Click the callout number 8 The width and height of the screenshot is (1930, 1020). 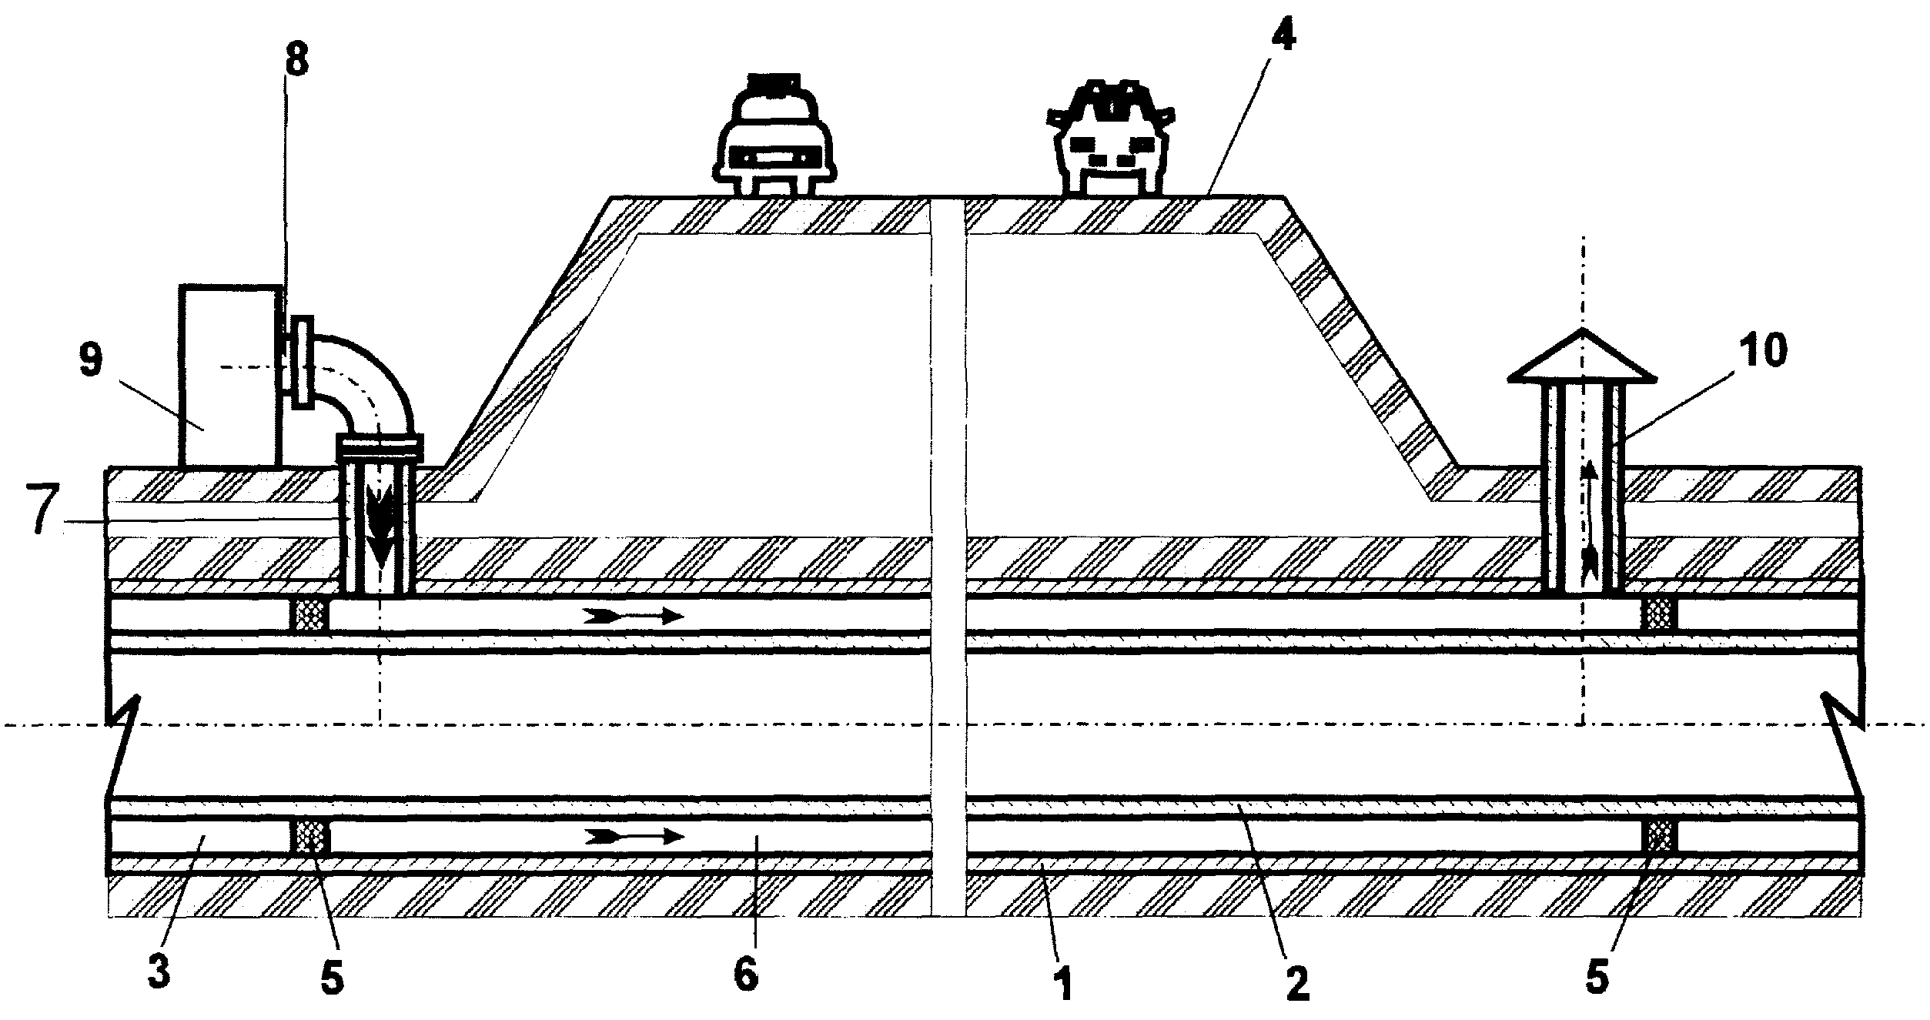296,59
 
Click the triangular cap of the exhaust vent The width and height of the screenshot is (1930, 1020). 1581,356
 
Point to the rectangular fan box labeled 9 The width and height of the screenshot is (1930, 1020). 229,376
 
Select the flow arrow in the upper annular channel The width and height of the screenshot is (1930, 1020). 633,615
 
